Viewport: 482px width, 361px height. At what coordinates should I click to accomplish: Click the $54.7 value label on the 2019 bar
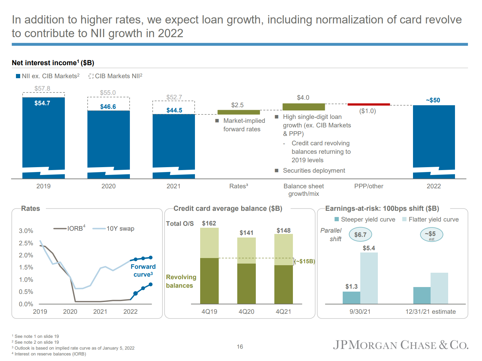point(42,103)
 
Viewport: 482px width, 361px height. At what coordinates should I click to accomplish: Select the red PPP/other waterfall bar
point(368,104)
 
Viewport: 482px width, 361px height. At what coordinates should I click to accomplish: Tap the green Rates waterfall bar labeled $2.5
point(239,112)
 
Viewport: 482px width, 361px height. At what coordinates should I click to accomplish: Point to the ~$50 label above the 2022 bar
point(433,100)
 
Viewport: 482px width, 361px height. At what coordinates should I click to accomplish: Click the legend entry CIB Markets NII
point(116,76)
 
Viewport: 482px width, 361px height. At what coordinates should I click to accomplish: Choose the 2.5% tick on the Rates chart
point(26,243)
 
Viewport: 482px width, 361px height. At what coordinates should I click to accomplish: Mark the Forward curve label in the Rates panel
point(143,270)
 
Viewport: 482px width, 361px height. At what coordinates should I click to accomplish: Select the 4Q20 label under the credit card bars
point(246,312)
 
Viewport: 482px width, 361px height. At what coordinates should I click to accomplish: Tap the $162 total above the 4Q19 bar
point(209,224)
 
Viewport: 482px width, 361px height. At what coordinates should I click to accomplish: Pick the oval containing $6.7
point(360,235)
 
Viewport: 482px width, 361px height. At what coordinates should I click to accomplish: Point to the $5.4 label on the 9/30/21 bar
point(369,248)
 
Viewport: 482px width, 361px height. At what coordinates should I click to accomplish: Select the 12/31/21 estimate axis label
point(430,312)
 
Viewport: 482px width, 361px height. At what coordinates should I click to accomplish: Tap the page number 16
point(240,347)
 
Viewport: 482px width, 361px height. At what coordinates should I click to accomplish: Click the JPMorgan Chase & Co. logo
point(400,345)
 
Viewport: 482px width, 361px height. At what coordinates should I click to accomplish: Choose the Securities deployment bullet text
point(314,171)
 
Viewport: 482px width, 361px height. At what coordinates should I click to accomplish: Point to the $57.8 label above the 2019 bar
point(42,89)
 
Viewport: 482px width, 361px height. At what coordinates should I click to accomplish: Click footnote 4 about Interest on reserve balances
point(49,354)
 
